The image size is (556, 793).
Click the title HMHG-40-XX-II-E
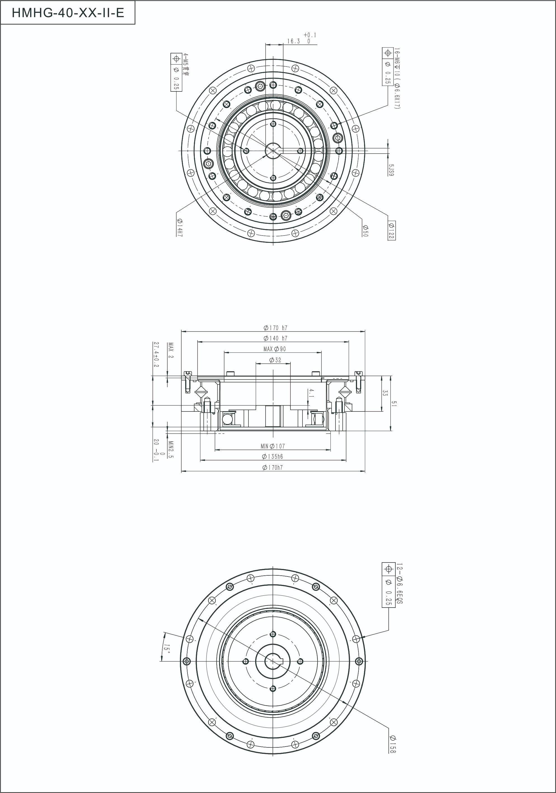click(68, 13)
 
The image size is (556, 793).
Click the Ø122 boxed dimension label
click(391, 230)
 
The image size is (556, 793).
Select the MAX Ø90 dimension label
click(275, 349)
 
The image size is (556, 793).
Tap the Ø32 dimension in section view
click(275, 360)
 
